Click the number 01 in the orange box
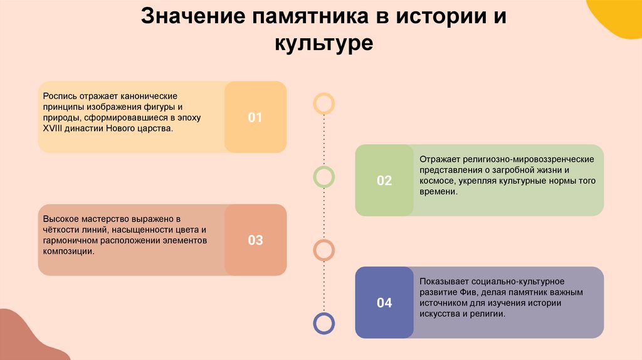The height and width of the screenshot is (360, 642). [255, 117]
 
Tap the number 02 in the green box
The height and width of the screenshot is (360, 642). [384, 181]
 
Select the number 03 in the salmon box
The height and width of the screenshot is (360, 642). [255, 240]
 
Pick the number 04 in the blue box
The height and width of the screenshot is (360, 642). [384, 303]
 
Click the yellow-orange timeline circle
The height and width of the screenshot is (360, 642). [324, 103]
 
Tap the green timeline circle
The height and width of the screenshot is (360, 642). [324, 177]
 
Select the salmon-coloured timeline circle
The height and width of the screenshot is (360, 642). [324, 250]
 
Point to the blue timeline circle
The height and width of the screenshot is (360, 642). [324, 323]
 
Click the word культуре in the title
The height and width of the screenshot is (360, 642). [324, 44]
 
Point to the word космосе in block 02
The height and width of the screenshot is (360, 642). [436, 181]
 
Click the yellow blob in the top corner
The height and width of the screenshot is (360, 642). [617, 16]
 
